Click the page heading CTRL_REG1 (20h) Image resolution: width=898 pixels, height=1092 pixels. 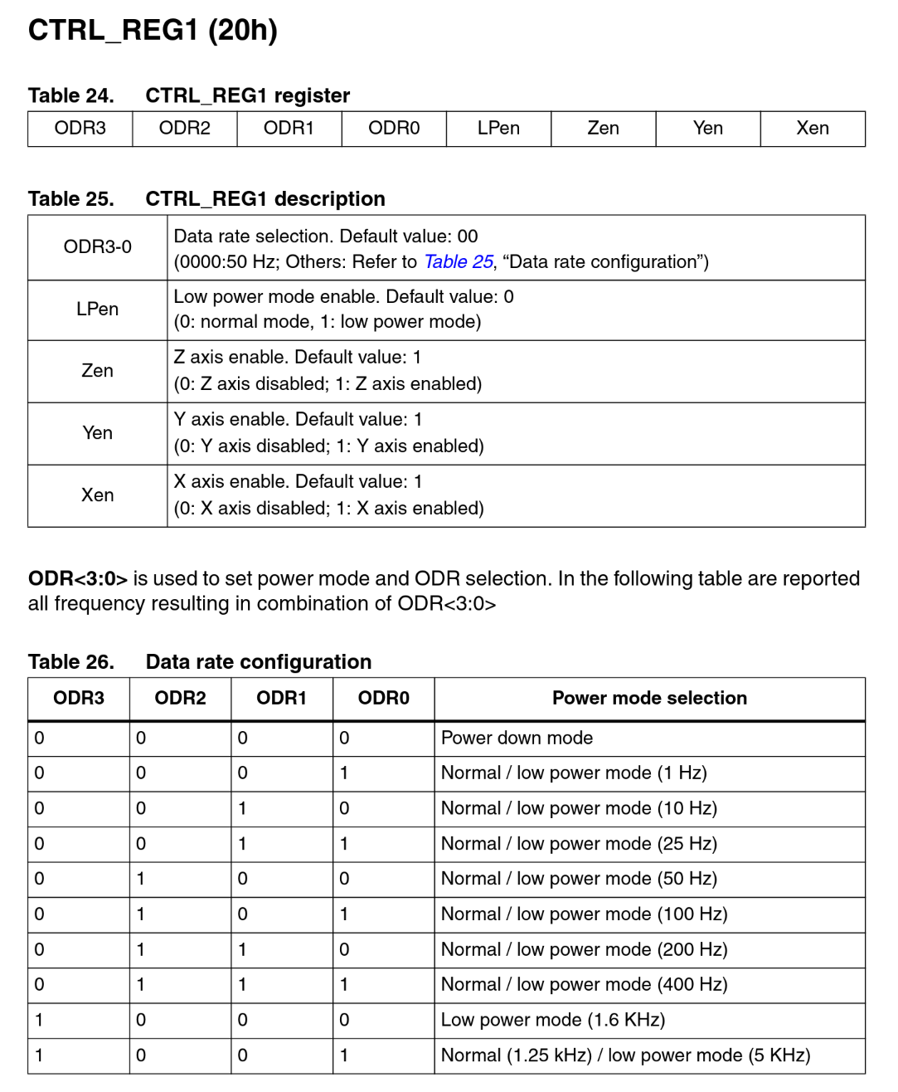153,30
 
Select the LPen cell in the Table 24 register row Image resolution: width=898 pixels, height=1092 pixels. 498,129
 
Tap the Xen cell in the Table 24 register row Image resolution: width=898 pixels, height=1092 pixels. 812,129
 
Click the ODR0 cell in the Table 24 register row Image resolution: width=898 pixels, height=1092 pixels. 394,129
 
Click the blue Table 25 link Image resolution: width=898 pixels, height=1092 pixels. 458,262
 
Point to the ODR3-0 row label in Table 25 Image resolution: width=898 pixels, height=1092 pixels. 97,247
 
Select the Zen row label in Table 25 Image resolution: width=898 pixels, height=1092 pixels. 97,371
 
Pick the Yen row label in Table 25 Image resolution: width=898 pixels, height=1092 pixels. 97,433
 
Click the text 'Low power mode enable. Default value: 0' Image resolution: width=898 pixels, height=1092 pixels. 343,297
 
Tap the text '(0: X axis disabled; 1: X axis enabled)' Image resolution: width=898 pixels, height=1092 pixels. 328,509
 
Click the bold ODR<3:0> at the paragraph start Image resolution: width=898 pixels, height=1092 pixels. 77,579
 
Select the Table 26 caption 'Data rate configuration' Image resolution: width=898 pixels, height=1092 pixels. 258,662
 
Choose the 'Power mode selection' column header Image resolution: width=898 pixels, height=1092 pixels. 649,699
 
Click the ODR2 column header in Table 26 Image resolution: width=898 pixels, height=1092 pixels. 180,699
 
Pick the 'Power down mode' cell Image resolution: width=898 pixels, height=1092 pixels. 517,739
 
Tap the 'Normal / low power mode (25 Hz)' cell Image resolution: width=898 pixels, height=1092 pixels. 579,844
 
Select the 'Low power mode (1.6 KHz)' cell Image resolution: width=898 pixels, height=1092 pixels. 552,1020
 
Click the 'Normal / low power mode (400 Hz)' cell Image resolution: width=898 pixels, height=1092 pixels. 584,985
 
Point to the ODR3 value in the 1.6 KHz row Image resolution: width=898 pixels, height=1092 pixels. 39,1020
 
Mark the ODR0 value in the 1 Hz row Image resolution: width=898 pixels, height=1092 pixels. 344,773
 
